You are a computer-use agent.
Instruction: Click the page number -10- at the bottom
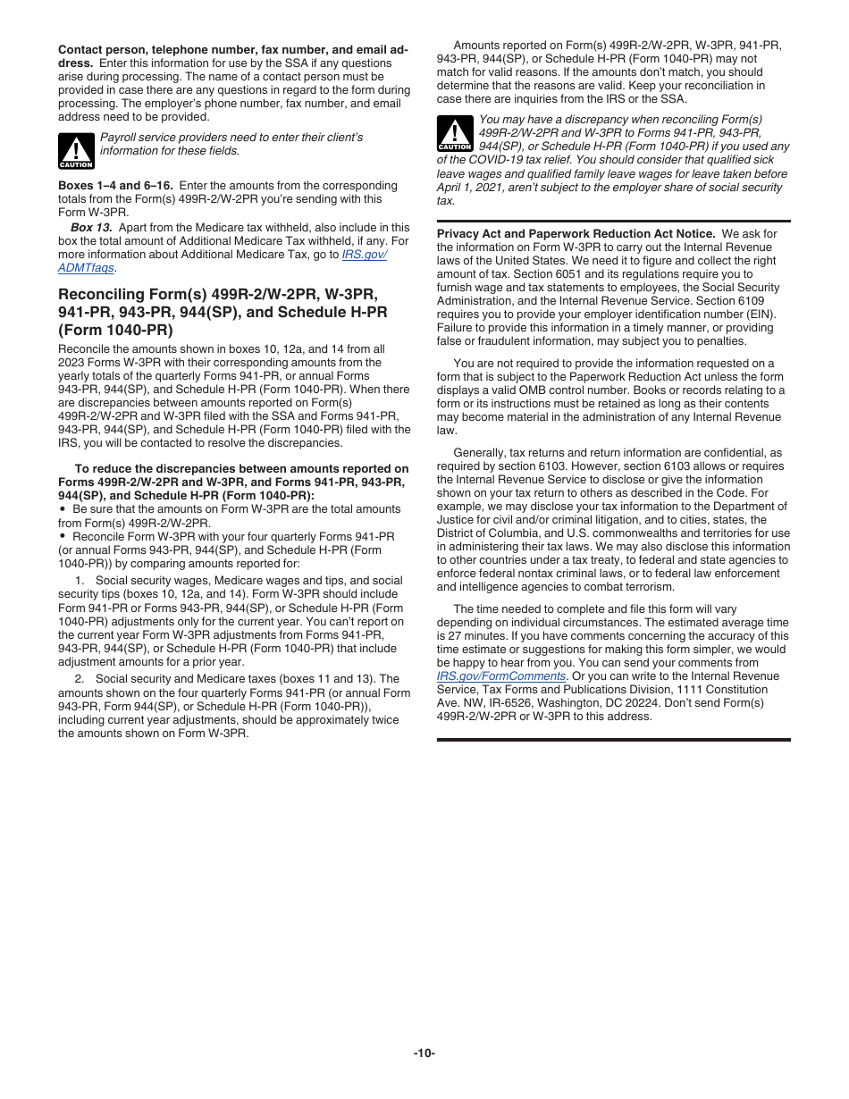424,1053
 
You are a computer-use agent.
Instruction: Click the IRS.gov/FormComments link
500,676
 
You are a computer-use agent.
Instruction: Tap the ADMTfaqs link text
87,267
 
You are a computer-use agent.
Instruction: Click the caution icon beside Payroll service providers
76,151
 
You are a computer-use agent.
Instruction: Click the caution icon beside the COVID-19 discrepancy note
455,134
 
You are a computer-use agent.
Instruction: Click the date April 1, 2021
474,188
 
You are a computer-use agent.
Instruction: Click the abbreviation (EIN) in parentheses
761,315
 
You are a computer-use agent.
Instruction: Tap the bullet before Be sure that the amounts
63,508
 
